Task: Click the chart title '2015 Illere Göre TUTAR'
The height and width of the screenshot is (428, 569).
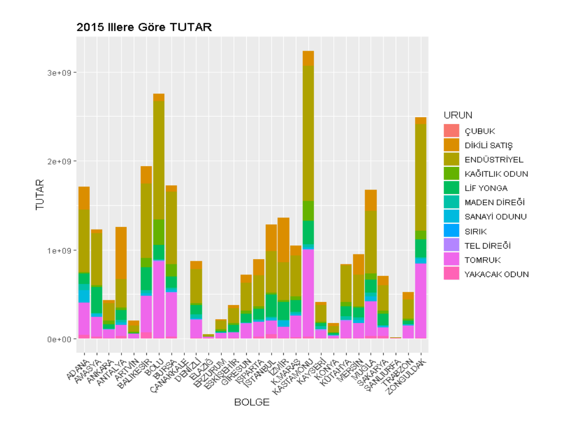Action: [144, 27]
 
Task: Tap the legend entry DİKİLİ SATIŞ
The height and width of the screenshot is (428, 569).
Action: [489, 145]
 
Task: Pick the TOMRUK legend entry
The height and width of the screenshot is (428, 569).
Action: [482, 260]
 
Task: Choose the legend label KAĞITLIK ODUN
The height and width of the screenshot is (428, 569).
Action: [496, 174]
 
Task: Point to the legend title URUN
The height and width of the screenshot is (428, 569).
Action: [458, 115]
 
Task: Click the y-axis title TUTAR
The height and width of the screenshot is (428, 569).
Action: [39, 195]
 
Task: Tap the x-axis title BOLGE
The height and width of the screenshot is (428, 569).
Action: [251, 403]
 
